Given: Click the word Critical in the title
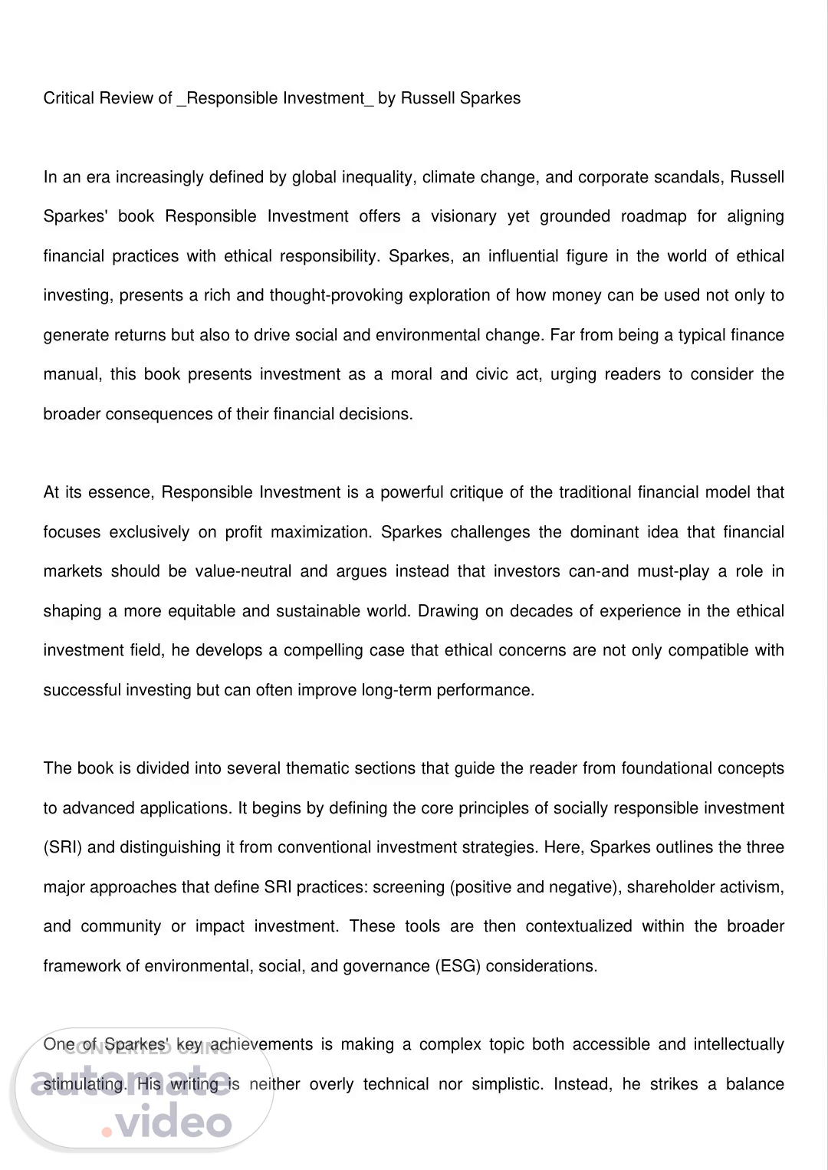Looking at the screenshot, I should (x=69, y=98).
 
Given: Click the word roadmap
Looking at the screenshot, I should (x=653, y=216).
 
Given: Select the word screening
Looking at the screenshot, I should (x=408, y=887).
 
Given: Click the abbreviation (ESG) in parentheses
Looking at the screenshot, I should (x=458, y=966).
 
